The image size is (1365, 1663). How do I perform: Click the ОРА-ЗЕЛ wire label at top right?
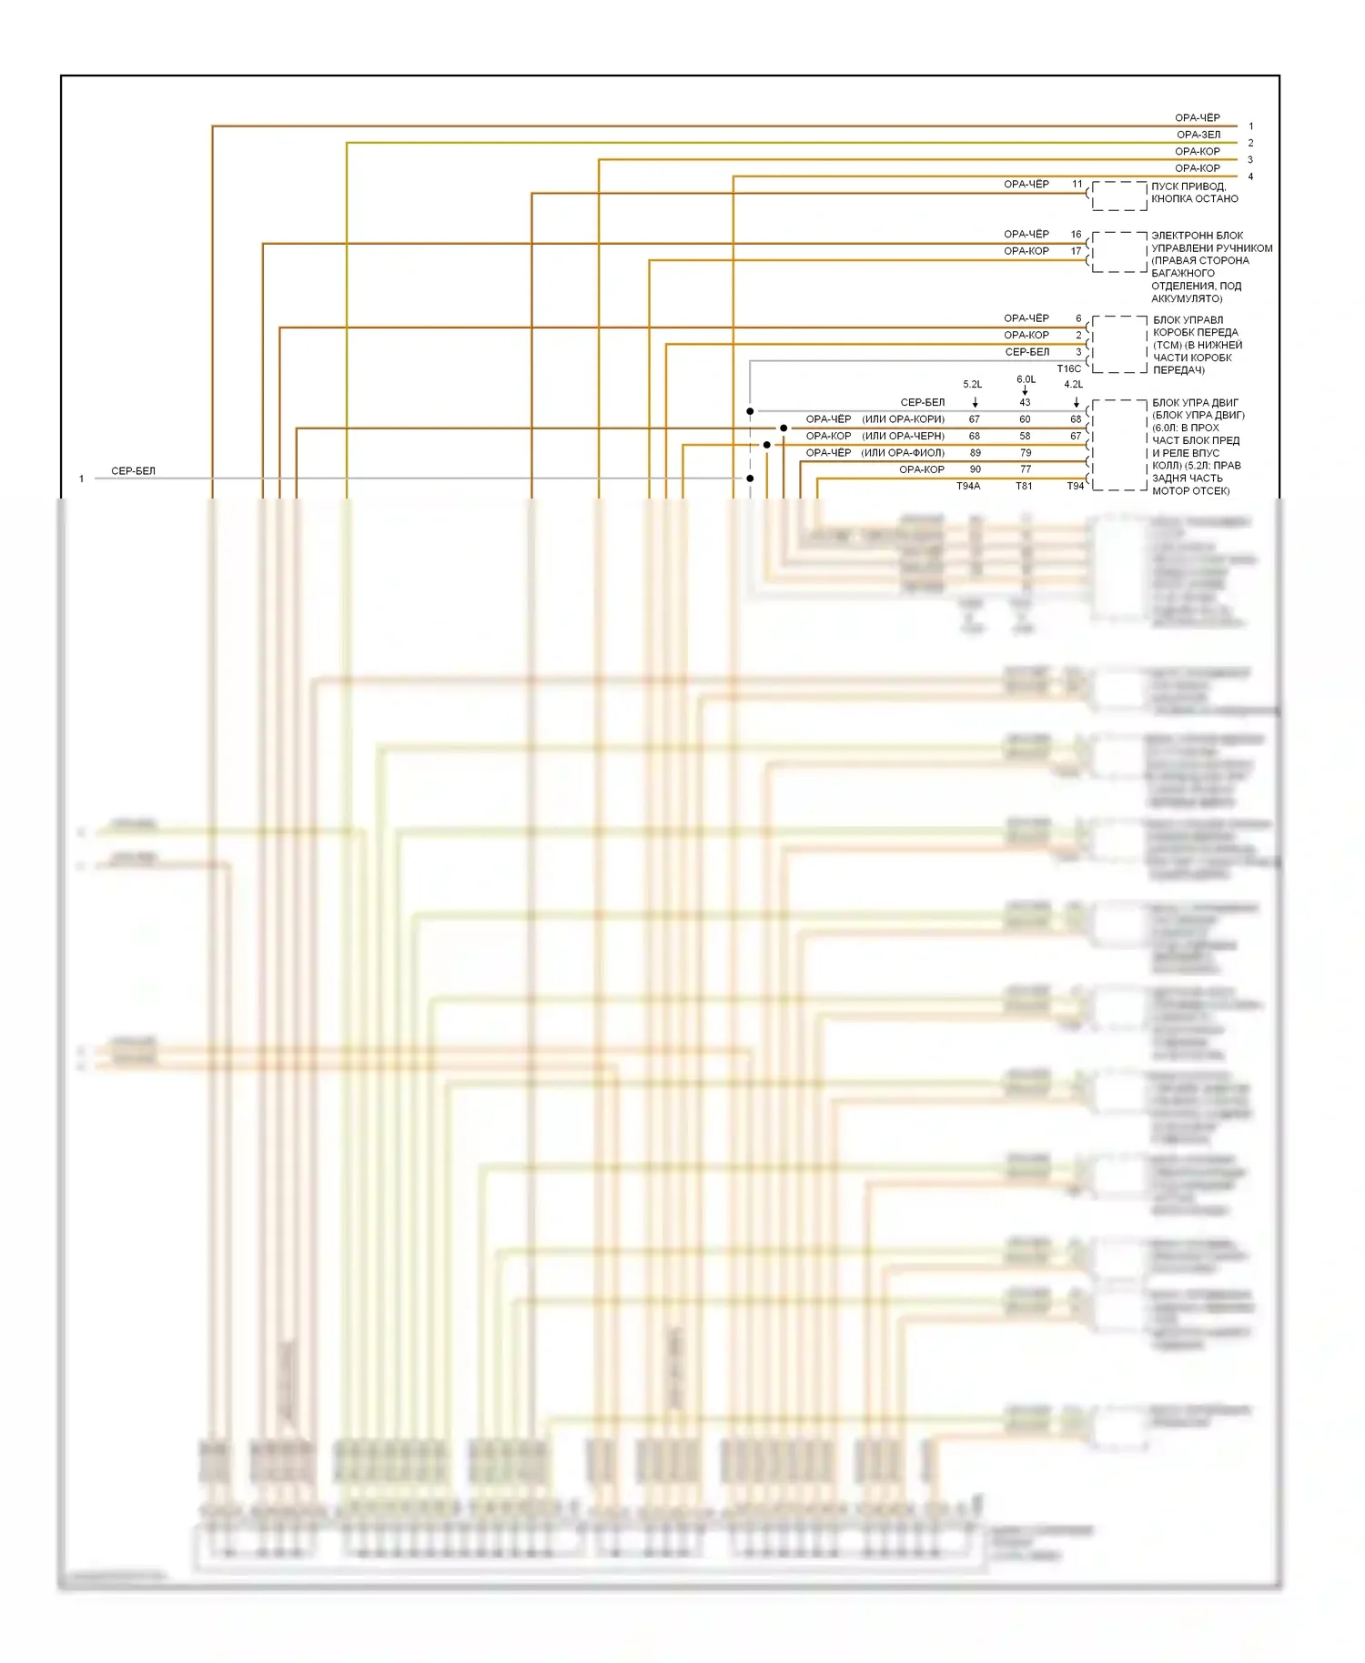point(1198,135)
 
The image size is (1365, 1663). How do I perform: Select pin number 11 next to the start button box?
point(1077,185)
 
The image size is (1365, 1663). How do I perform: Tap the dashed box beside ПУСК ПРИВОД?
point(1118,196)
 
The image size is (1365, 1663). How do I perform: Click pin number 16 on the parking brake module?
point(1076,235)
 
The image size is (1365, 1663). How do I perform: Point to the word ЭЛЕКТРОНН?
point(1181,236)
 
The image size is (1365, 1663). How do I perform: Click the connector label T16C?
point(1068,369)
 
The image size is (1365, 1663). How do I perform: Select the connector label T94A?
point(968,487)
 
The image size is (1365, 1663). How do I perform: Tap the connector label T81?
point(1024,487)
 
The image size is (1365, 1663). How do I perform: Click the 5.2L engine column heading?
point(972,385)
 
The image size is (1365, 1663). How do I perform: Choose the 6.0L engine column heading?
point(1026,379)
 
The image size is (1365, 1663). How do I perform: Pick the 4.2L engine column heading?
point(1073,385)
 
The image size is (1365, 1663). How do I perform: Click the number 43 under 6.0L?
point(1025,403)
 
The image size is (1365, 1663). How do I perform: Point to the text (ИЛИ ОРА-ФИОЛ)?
point(903,453)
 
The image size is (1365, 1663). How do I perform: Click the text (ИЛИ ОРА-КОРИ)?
point(903,419)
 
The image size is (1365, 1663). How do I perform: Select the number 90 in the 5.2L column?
point(975,469)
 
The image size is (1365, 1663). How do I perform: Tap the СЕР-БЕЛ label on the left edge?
point(133,471)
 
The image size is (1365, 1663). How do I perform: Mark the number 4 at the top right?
point(1250,176)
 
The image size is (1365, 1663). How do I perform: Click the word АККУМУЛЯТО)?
point(1186,298)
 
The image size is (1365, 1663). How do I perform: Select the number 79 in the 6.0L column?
point(1026,453)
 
